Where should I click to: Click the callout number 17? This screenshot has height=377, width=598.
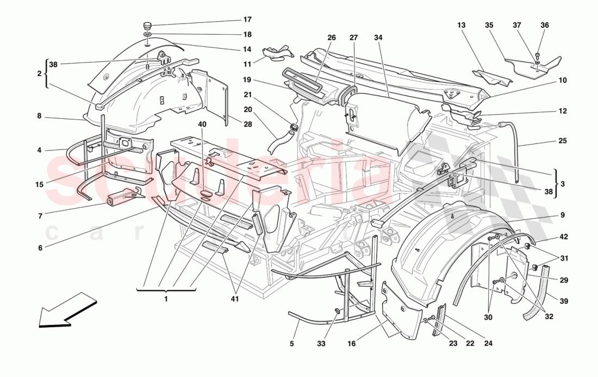point(247,20)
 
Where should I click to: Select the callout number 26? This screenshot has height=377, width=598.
point(332,37)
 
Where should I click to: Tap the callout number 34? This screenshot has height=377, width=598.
point(378,37)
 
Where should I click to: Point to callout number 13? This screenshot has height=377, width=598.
point(462,25)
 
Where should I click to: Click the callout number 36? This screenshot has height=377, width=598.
point(545,25)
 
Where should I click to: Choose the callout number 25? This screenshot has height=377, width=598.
point(562,141)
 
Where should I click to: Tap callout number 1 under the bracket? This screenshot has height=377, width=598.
point(166,298)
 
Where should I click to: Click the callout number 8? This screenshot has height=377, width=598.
point(39,116)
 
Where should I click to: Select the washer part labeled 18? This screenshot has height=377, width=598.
point(147,34)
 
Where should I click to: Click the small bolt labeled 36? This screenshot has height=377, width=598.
point(537,54)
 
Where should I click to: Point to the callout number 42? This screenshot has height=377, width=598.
point(564,237)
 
